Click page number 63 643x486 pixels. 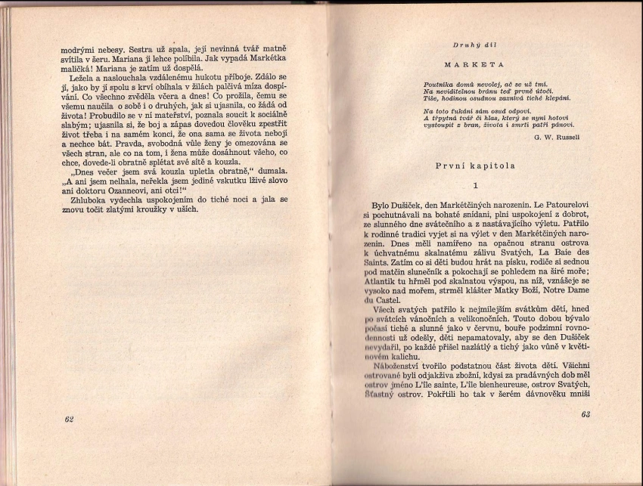pos(585,414)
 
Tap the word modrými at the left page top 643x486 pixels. pos(78,49)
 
